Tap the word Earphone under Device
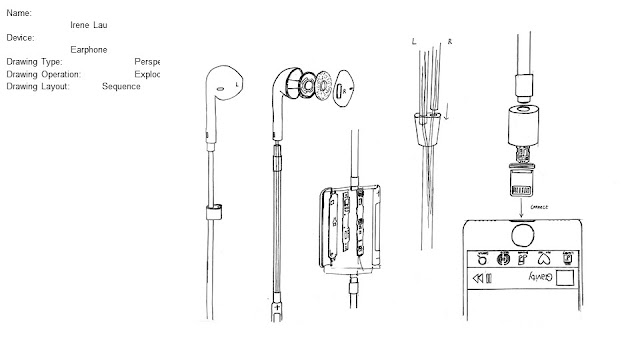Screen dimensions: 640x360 click(89, 48)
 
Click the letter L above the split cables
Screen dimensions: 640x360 click(413, 42)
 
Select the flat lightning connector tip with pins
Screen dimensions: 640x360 click(520, 187)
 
